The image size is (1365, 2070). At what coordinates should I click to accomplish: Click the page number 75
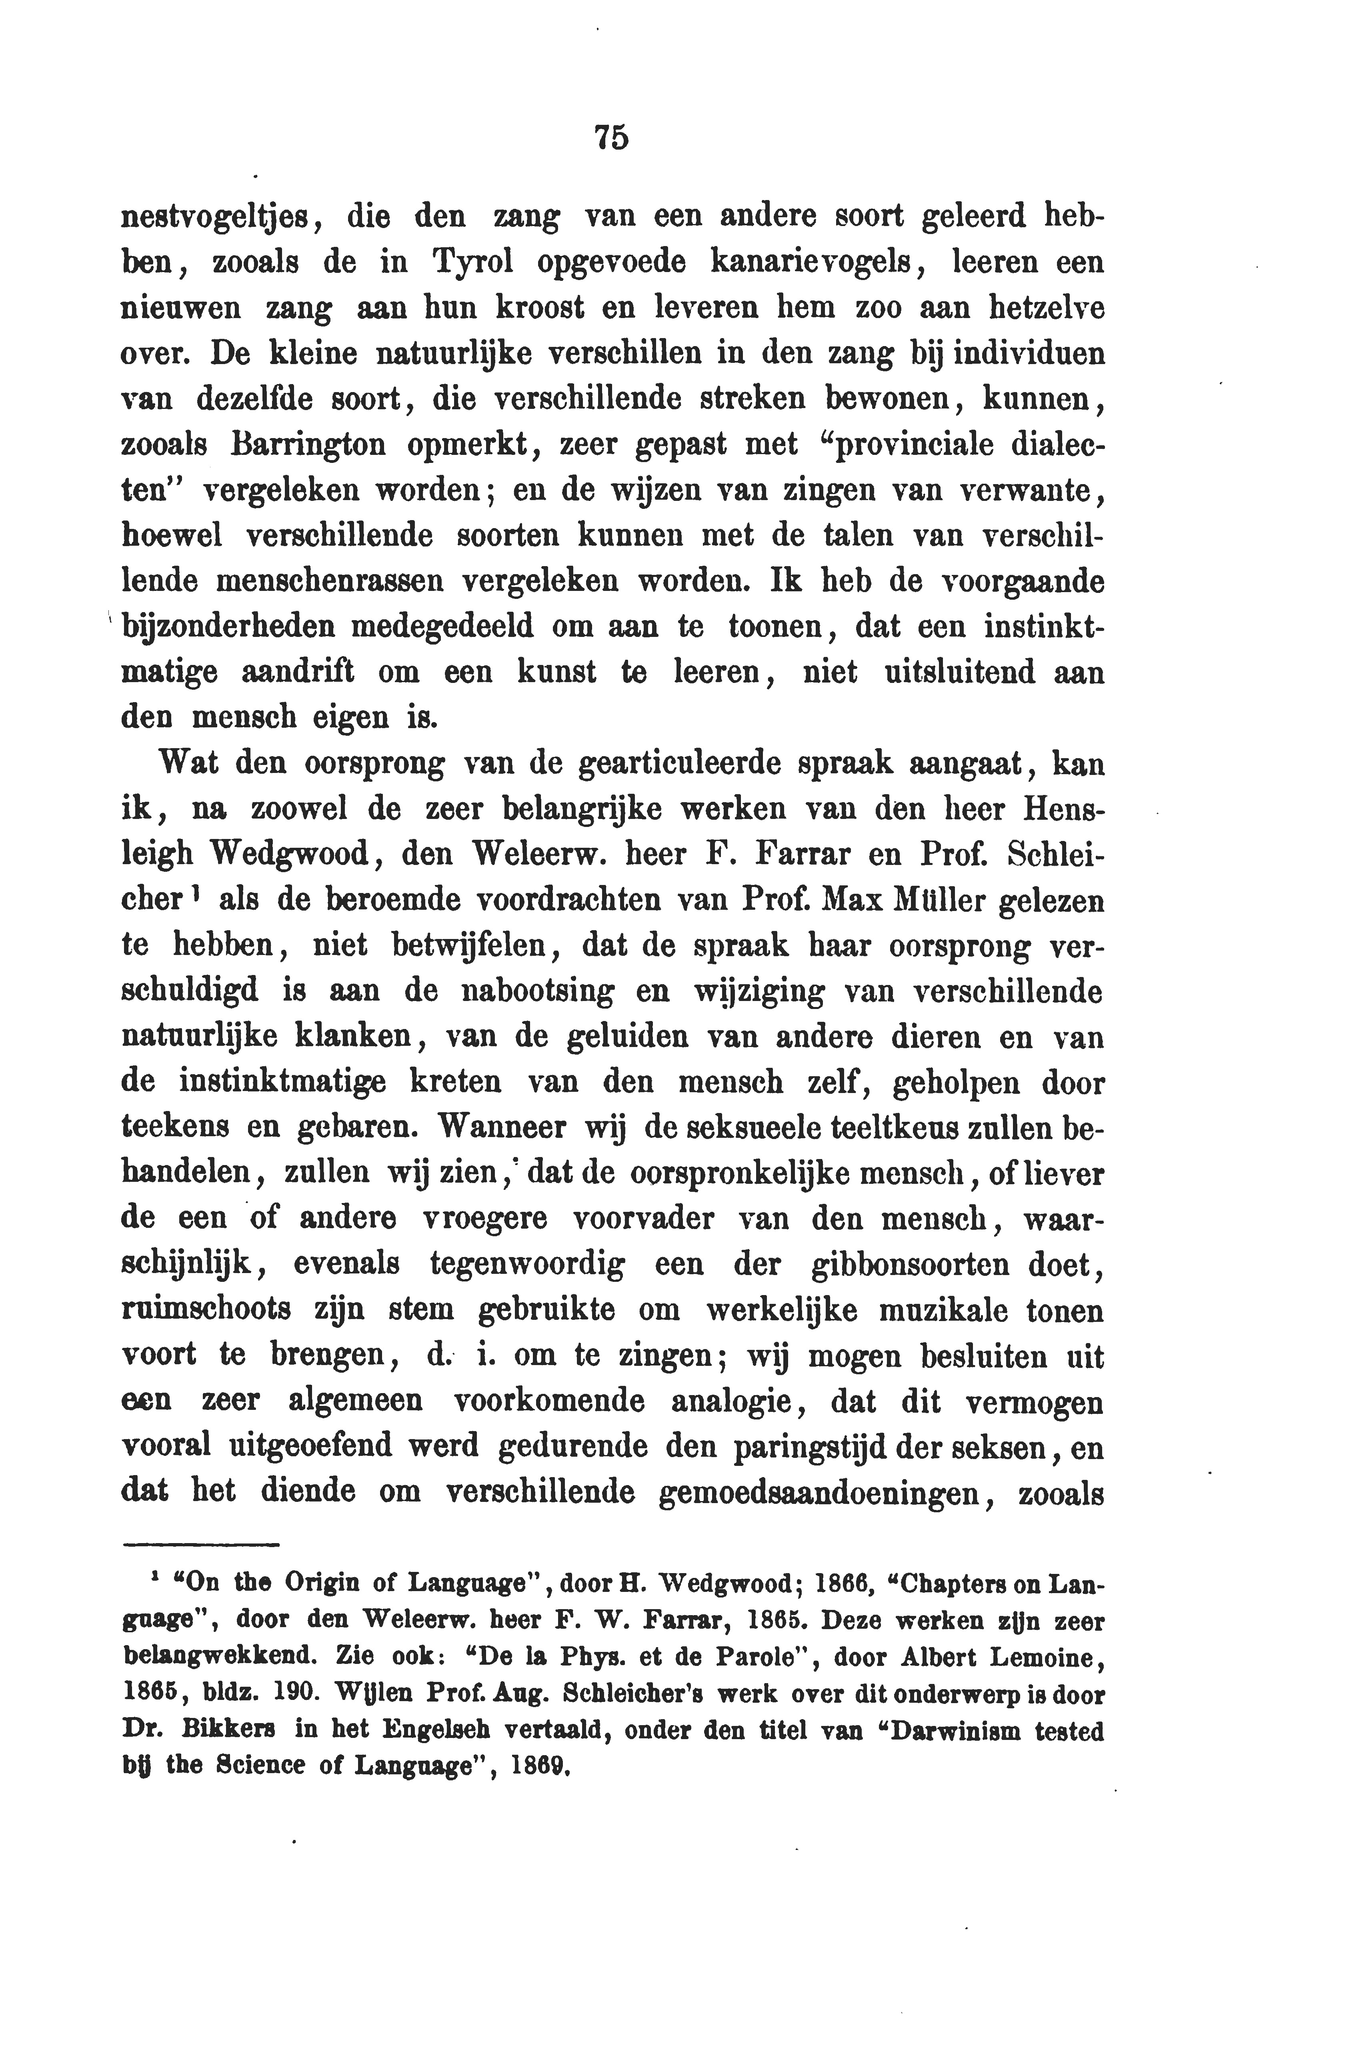tap(611, 138)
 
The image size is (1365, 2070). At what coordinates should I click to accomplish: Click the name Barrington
tap(296, 444)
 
